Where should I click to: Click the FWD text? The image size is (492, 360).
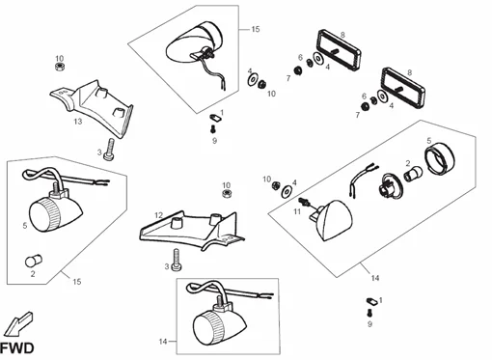tap(17, 348)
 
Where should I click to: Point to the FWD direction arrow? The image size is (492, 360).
tap(18, 323)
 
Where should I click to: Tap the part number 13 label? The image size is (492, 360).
tap(78, 122)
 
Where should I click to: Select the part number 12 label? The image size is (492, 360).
tap(158, 215)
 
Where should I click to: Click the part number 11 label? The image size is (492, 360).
tap(297, 211)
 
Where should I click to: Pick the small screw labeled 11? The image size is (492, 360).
tap(305, 202)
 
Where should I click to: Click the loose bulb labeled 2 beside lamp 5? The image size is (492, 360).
tap(34, 261)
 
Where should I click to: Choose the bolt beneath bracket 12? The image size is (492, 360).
tap(177, 260)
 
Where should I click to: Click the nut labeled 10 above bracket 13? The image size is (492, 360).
tap(59, 67)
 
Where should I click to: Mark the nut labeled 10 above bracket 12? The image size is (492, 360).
tap(227, 194)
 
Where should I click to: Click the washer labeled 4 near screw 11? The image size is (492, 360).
tap(286, 192)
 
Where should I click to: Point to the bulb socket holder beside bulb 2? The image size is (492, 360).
tap(390, 185)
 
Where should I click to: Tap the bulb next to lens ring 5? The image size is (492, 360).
tap(413, 174)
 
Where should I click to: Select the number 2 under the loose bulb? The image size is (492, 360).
tap(33, 274)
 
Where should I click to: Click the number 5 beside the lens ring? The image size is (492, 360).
tap(429, 141)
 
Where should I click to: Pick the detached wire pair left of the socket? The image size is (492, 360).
tap(364, 179)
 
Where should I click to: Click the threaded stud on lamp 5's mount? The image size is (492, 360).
tap(55, 186)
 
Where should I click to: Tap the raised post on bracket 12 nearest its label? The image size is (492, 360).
tap(177, 222)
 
